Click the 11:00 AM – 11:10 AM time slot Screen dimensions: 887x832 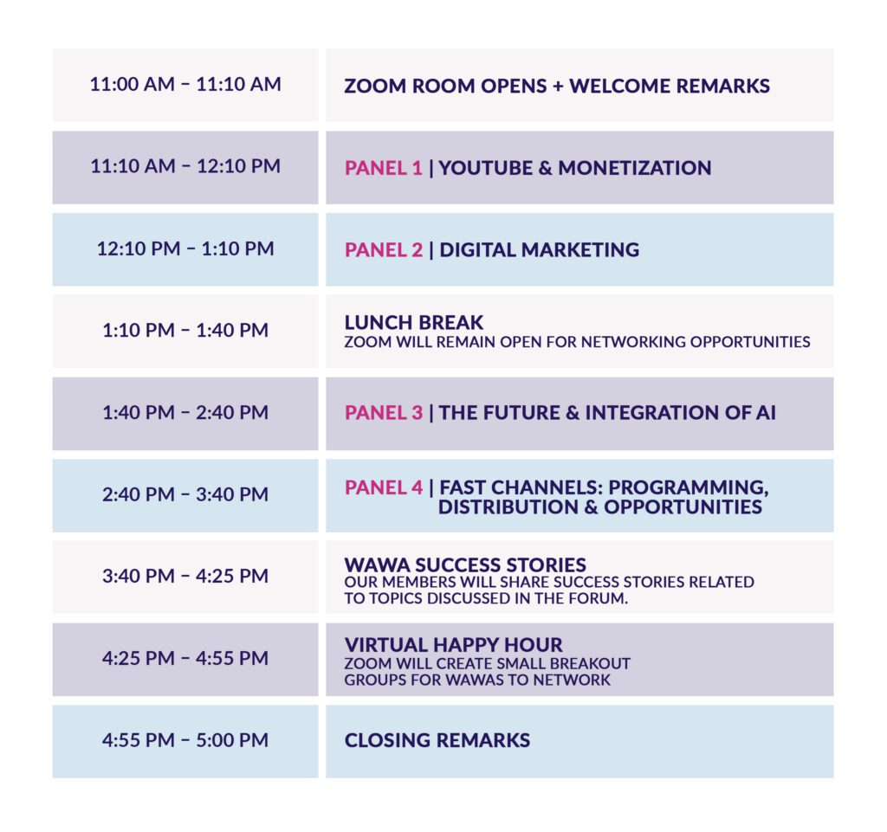coord(185,84)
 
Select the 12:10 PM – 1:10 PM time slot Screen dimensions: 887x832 coord(185,248)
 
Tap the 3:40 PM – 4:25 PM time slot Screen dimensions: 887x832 coord(185,576)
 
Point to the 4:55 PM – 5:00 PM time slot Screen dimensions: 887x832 coord(185,740)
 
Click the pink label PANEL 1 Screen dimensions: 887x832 coord(384,168)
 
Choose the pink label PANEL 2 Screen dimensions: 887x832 coord(384,250)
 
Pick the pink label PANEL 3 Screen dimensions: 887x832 coord(384,413)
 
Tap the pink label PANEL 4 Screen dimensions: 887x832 coord(384,487)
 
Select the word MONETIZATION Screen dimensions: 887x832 coord(635,168)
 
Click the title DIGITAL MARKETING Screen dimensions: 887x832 coord(539,250)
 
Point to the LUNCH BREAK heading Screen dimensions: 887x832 coord(414,322)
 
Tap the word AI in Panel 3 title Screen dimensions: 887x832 coord(766,413)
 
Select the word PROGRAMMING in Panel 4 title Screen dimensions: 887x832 coord(688,487)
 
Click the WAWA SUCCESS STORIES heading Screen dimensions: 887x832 coord(465,564)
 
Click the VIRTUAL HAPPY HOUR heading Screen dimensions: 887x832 coord(453,645)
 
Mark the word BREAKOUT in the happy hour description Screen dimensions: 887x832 coord(590,663)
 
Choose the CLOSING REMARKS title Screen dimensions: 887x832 coord(437,740)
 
